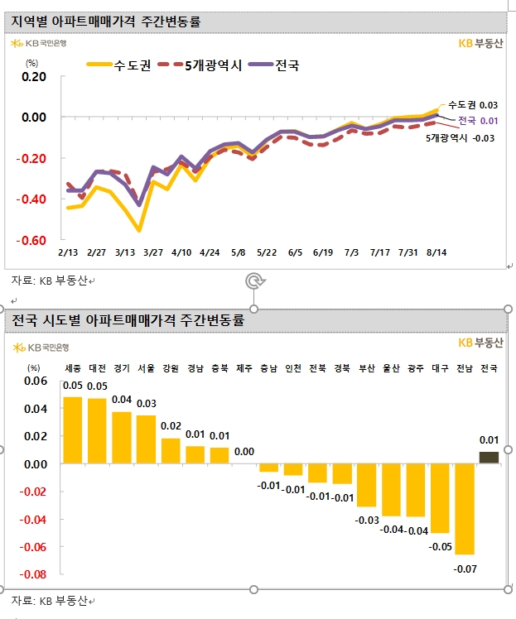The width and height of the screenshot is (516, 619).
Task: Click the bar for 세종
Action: (x=73, y=430)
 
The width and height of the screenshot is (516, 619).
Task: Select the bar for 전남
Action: (x=465, y=508)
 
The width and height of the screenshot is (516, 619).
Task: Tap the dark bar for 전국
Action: (x=489, y=458)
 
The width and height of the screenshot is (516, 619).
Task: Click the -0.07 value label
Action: (x=465, y=569)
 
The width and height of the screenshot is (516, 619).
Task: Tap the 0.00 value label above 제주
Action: (x=244, y=452)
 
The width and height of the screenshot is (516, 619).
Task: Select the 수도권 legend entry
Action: (x=118, y=65)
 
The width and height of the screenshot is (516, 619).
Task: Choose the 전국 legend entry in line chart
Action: (x=273, y=65)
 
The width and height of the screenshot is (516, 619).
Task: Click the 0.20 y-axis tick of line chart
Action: (x=35, y=77)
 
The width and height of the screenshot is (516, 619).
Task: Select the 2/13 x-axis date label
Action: (x=68, y=252)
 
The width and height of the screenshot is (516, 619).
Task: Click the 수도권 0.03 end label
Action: (x=473, y=105)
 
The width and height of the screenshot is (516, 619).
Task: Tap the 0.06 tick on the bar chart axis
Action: (x=36, y=381)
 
